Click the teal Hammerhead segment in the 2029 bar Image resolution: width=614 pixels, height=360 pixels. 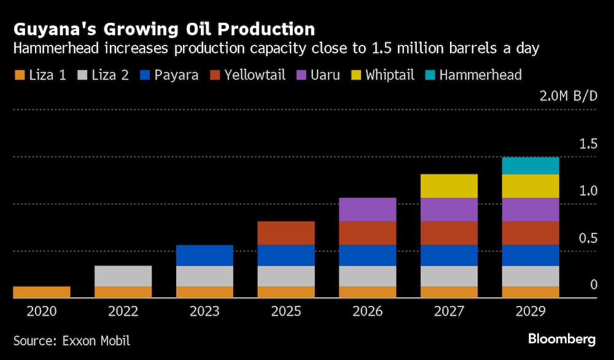point(530,166)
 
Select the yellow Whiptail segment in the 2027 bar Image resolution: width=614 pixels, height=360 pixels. point(449,186)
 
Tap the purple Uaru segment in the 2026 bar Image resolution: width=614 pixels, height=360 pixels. point(367,209)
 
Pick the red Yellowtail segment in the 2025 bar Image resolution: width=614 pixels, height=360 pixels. point(286,233)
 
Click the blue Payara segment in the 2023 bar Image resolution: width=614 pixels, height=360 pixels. point(204,256)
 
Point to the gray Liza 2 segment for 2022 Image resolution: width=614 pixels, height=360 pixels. point(123,276)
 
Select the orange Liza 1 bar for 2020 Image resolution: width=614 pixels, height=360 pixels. point(42,292)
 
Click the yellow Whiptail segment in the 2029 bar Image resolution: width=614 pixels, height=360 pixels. point(530,186)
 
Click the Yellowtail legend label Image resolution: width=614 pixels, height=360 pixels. point(255,75)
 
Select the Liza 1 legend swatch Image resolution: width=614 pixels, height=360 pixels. point(20,76)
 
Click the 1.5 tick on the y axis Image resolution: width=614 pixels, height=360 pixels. point(588,144)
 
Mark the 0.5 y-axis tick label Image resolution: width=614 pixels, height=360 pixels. point(588,238)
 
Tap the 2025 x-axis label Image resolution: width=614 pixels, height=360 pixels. point(286,311)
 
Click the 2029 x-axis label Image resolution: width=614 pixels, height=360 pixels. point(530,311)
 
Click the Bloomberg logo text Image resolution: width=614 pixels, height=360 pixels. point(562,338)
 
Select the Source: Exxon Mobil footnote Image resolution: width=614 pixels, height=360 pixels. point(72,340)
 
